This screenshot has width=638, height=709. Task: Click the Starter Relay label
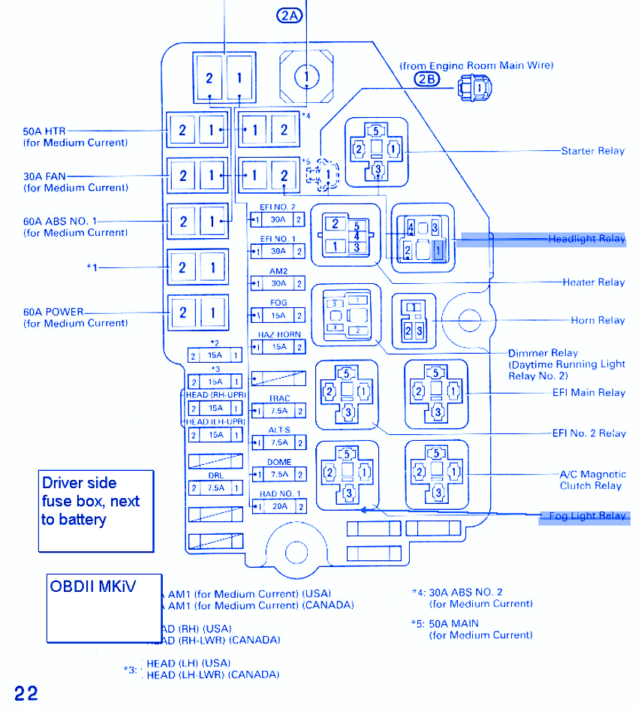pos(592,151)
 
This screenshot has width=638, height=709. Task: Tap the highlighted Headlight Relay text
pos(586,239)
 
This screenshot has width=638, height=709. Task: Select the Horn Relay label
pos(597,320)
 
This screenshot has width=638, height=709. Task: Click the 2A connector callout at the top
pos(289,16)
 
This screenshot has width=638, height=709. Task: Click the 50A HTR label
pos(45,131)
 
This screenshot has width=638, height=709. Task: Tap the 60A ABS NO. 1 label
pos(60,222)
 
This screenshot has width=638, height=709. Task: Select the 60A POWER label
pos(54,312)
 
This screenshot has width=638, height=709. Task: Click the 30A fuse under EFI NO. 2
pos(278,219)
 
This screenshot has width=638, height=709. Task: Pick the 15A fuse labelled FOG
pos(278,315)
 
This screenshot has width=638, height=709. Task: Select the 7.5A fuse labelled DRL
pos(215,487)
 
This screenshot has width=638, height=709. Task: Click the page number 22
pos(25,692)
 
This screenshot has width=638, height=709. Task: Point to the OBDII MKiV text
pos(93,586)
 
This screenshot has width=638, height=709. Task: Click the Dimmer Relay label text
pos(543,353)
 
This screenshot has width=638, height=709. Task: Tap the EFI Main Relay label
pos(588,393)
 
